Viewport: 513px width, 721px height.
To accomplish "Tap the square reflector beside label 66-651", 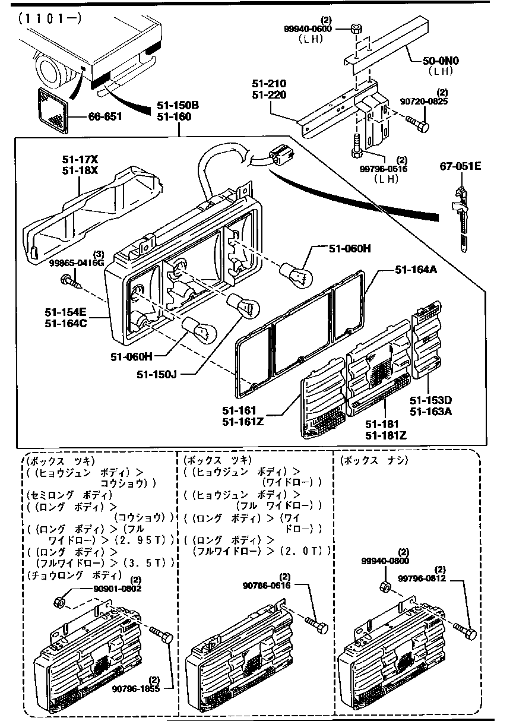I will tap(53, 110).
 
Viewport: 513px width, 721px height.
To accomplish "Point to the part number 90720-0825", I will tap(441, 102).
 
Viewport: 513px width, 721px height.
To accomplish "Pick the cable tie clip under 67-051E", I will tap(459, 214).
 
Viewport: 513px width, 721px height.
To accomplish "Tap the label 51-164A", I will tap(416, 270).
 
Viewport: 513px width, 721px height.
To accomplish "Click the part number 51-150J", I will tap(157, 374).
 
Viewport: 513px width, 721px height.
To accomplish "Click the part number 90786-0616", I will tap(267, 585).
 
